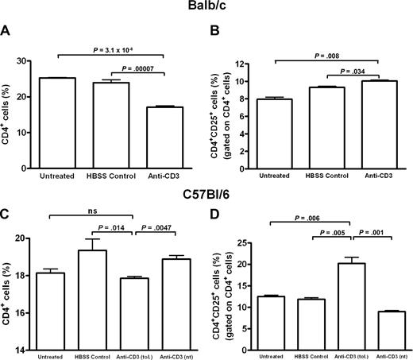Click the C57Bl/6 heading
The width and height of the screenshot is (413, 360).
(206, 188)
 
